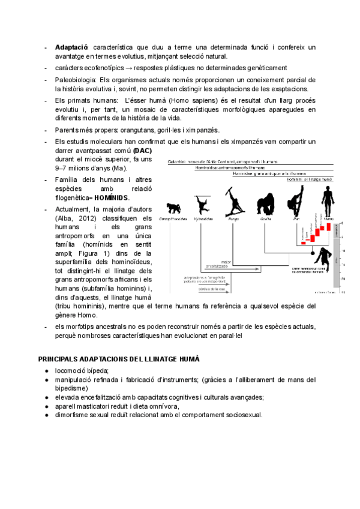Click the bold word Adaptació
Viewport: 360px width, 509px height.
(x=71, y=47)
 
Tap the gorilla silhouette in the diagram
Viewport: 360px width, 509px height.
(x=265, y=204)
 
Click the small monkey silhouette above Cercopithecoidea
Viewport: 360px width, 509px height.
(x=175, y=208)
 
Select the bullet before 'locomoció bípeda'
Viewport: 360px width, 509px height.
(x=46, y=371)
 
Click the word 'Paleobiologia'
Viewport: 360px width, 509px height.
(x=75, y=79)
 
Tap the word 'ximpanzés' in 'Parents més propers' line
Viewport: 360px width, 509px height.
(x=201, y=130)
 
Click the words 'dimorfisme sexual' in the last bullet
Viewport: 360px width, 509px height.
(x=85, y=415)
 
